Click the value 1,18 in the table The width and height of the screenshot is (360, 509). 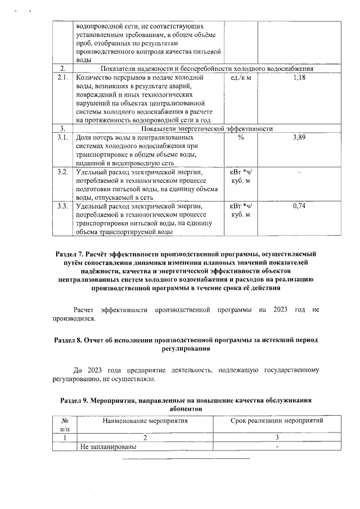299,77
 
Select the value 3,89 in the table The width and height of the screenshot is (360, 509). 299,137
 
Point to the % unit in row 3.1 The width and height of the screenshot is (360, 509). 241,137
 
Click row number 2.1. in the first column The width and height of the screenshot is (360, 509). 63,77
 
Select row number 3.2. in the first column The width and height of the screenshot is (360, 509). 63,172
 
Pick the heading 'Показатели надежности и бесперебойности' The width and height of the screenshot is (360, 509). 163,69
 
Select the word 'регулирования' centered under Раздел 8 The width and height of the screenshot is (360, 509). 186,349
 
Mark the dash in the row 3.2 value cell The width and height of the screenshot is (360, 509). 299,172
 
